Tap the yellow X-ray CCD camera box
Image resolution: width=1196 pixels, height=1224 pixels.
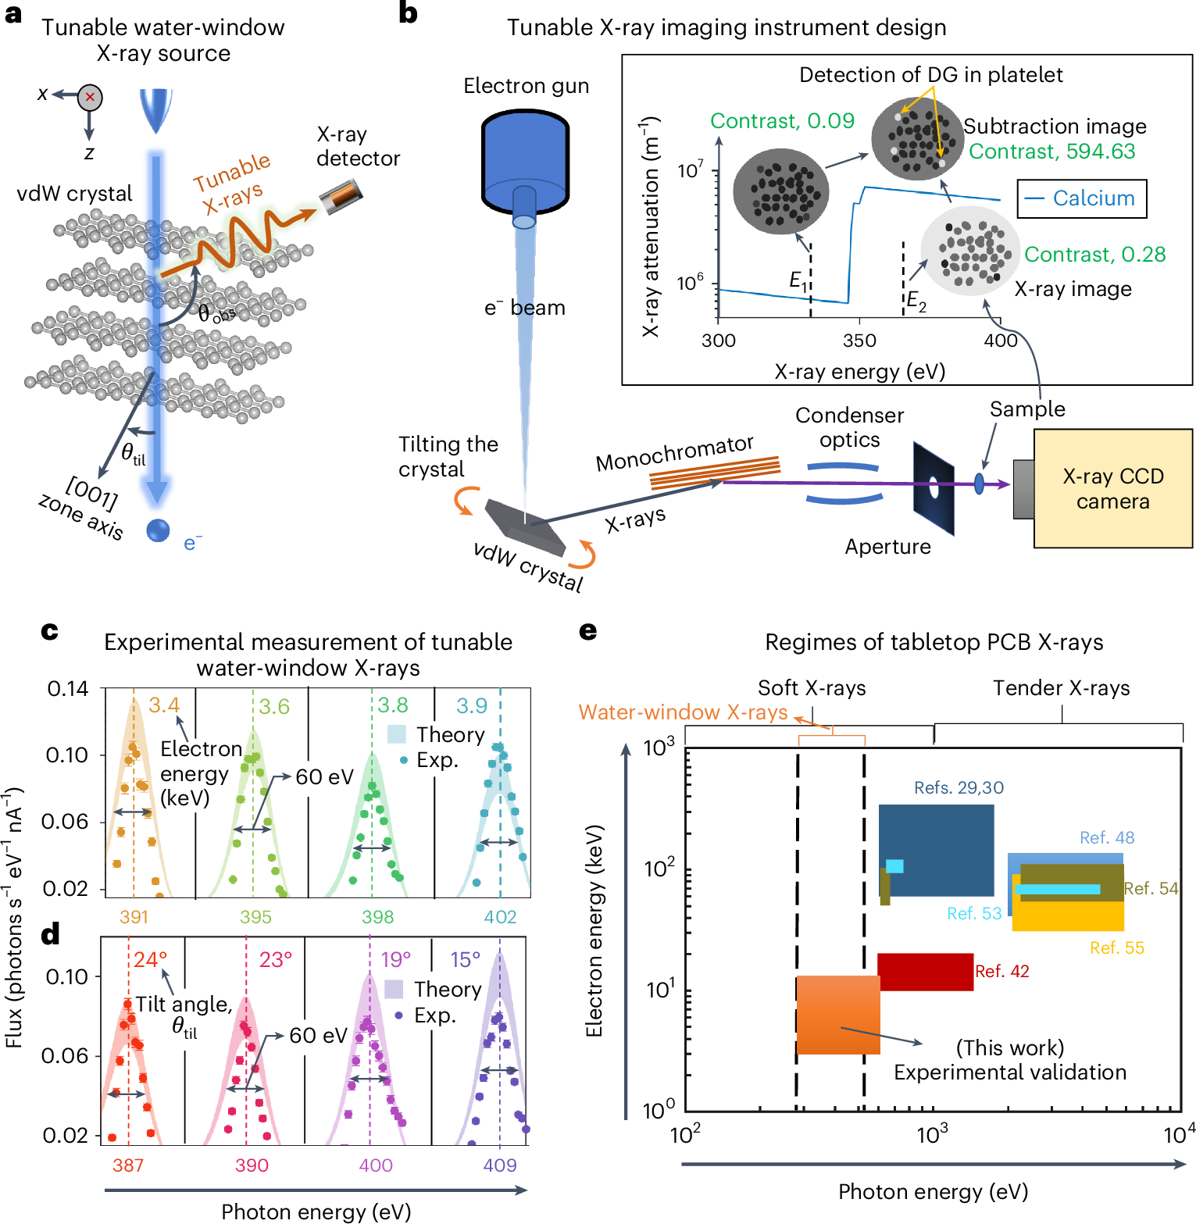(1112, 488)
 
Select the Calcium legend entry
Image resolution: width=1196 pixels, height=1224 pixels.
(1082, 198)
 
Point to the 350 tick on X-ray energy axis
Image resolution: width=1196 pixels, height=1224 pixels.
(859, 341)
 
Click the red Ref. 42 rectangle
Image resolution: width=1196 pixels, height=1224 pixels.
(926, 972)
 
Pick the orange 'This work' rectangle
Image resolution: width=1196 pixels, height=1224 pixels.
(837, 1015)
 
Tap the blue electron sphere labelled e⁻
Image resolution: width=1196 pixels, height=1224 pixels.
(159, 530)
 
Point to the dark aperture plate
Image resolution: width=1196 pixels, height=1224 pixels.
(934, 487)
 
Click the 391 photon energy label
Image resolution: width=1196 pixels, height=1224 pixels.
(134, 917)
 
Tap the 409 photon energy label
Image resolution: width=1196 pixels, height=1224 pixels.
(500, 1165)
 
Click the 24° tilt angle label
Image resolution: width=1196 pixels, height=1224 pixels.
(150, 959)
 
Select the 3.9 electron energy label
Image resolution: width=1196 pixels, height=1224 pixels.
(472, 706)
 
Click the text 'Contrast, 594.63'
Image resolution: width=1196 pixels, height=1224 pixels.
(1051, 152)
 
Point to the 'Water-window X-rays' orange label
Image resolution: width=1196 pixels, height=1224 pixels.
(683, 712)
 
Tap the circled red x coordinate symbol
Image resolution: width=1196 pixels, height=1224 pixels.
(90, 97)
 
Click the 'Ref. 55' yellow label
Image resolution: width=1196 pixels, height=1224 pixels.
(1116, 947)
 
